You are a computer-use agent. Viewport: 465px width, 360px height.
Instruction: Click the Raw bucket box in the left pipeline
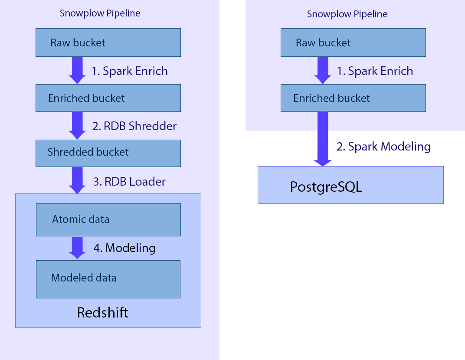pos(108,43)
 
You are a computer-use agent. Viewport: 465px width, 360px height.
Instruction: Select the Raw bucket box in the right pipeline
pos(353,43)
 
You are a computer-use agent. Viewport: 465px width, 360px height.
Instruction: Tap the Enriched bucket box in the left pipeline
pos(108,98)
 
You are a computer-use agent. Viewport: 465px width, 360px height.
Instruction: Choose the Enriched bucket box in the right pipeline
pos(353,98)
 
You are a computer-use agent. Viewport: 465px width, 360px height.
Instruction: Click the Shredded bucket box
pos(108,153)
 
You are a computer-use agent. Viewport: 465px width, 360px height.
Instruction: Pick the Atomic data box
pos(108,219)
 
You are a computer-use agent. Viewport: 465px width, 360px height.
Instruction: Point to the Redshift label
pos(103,312)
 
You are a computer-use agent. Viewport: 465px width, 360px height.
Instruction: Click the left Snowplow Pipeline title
pos(100,13)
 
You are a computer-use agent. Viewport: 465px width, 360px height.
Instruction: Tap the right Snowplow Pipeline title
pos(347,14)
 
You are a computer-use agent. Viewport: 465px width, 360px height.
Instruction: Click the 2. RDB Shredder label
pos(134,126)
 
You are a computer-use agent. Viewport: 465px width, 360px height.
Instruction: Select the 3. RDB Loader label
pos(129,181)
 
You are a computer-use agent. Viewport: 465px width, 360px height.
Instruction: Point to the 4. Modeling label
pos(124,248)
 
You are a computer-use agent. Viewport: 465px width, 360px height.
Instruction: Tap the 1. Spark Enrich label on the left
pos(130,71)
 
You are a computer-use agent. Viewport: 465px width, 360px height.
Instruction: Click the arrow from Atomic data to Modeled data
pos(78,247)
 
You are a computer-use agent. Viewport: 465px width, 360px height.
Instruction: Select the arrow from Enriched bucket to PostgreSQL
pos(322,139)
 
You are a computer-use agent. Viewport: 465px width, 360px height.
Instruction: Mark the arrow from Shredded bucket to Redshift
pos(78,180)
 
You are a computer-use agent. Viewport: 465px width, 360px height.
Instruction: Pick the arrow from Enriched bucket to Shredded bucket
pos(78,125)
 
